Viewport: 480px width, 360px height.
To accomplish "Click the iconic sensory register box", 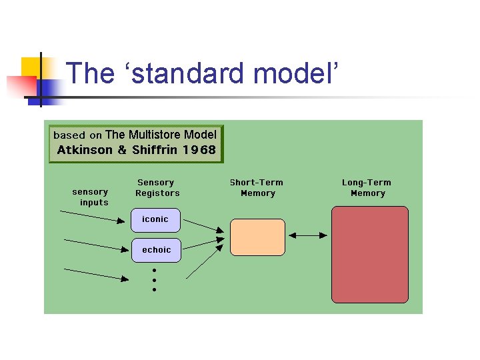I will pyautogui.click(x=156, y=219).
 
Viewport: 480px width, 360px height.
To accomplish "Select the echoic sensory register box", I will pyautogui.click(x=156, y=250).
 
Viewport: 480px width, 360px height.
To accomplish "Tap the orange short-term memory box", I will pyautogui.click(x=257, y=237).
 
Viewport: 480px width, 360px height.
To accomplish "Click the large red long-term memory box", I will pyautogui.click(x=369, y=255).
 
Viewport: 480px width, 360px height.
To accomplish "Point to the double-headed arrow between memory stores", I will pyautogui.click(x=308, y=235).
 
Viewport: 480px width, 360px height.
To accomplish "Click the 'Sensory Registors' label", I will pyautogui.click(x=157, y=188).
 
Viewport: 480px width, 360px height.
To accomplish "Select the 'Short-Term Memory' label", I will pyautogui.click(x=257, y=188).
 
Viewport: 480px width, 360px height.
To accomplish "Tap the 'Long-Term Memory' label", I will pyautogui.click(x=367, y=188).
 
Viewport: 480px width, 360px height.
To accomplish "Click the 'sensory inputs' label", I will pyautogui.click(x=91, y=197).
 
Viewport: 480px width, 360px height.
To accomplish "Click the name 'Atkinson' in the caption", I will pyautogui.click(x=85, y=150).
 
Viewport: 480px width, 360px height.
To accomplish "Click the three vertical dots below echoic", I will pyautogui.click(x=154, y=280).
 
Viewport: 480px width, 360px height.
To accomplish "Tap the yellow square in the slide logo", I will pyautogui.click(x=31, y=67).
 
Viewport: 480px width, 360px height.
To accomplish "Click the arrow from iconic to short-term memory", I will pyautogui.click(x=203, y=225).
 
